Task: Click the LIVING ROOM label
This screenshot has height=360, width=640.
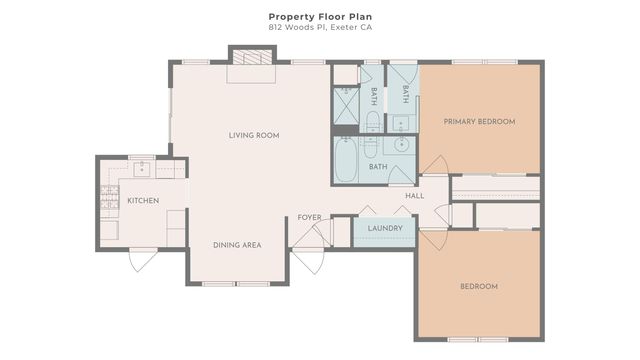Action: [253, 135]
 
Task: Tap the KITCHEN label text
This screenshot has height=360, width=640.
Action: [143, 201]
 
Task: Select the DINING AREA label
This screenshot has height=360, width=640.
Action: [237, 245]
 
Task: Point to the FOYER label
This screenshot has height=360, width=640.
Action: [309, 217]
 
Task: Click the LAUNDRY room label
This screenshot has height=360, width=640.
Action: [384, 229]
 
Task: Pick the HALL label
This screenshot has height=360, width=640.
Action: [415, 195]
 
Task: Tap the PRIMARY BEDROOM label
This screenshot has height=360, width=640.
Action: [480, 121]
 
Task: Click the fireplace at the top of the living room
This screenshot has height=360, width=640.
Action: [250, 57]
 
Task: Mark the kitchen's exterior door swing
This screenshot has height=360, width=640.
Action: [143, 262]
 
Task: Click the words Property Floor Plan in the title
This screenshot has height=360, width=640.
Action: [319, 16]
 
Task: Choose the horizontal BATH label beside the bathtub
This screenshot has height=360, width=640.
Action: [378, 167]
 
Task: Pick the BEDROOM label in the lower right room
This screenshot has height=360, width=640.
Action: [479, 287]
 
